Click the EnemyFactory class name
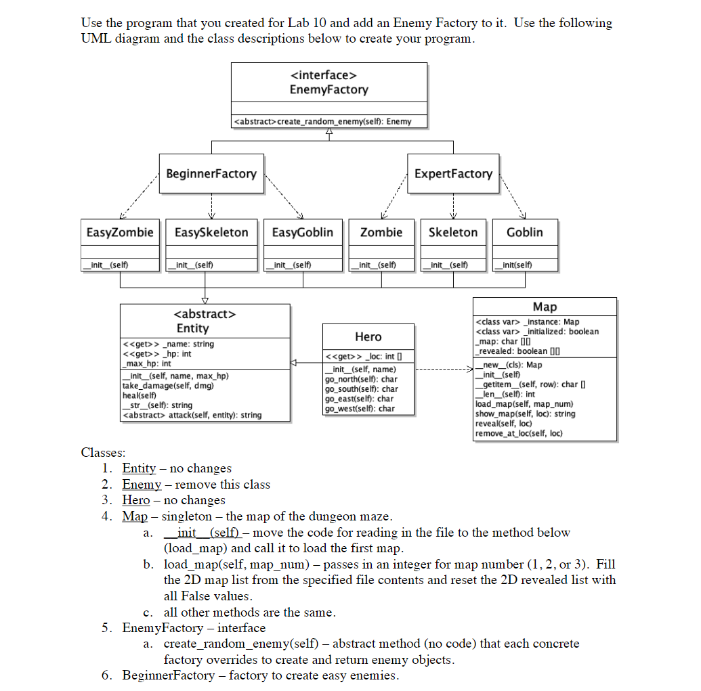[x=328, y=89]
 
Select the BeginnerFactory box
[x=211, y=174]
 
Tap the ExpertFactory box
[x=453, y=174]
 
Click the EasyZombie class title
[x=120, y=232]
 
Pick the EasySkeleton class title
[x=211, y=232]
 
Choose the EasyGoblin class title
[x=302, y=232]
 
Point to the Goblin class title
[x=525, y=232]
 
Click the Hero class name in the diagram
[x=368, y=336]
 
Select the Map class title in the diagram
[x=545, y=307]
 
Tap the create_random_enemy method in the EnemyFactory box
[x=322, y=122]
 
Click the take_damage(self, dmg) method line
[x=167, y=386]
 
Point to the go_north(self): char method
[x=361, y=379]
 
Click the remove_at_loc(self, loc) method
[x=519, y=433]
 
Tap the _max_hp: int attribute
[x=146, y=363]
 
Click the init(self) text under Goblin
[x=515, y=265]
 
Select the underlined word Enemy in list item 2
[x=142, y=485]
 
